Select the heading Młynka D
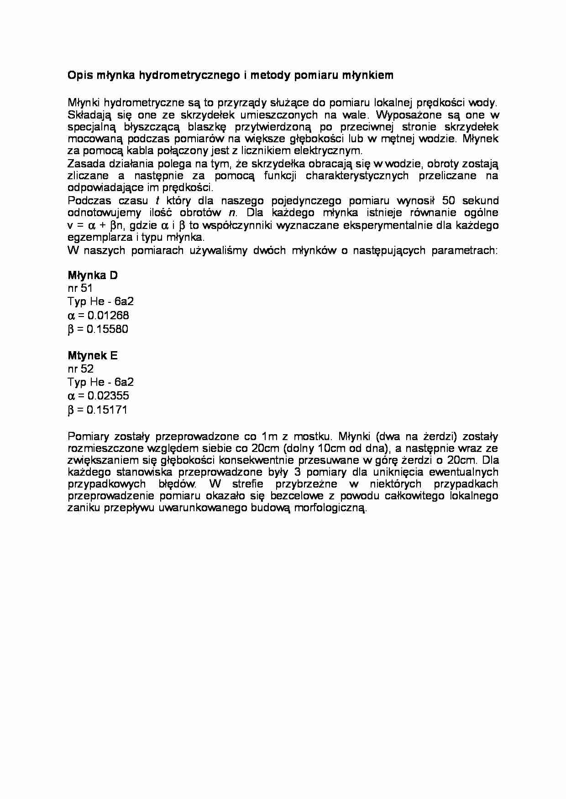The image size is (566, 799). [93, 275]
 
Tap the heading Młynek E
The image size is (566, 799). [93, 356]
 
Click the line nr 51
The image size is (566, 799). [80, 288]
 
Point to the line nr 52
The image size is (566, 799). [80, 369]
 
